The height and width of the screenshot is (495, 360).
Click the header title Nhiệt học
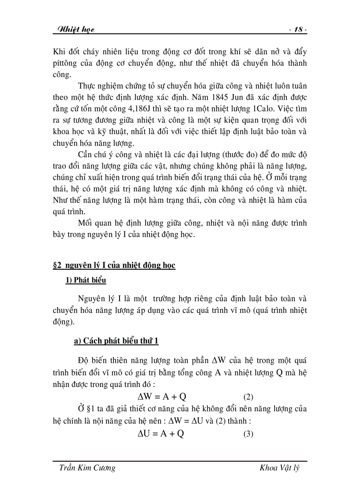coord(74,30)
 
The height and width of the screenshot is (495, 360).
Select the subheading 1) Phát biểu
coord(86,280)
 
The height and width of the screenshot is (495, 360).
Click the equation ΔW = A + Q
coord(165,396)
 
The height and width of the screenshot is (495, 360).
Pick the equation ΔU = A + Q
coord(161,434)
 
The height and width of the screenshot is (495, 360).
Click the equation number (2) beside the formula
coord(248,396)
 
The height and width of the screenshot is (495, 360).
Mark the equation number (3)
coord(248,434)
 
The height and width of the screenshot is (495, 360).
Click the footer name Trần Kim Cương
coord(87,468)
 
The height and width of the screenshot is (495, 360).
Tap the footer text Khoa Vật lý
coord(280,468)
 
